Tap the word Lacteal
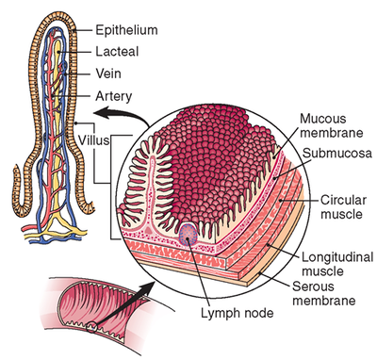click(x=117, y=51)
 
